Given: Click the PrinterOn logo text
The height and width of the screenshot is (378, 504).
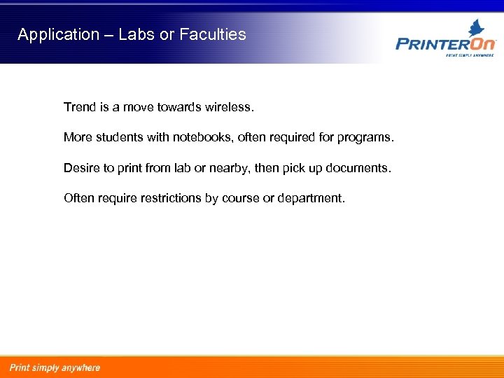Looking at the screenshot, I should pos(446,44).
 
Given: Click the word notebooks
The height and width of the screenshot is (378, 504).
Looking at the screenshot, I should pos(202,138).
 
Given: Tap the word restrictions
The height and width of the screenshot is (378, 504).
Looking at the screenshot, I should pos(172,198).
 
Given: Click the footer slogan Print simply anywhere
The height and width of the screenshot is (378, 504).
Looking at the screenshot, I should pos(55,367).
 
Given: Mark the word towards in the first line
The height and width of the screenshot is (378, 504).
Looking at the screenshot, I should pos(178,108).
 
